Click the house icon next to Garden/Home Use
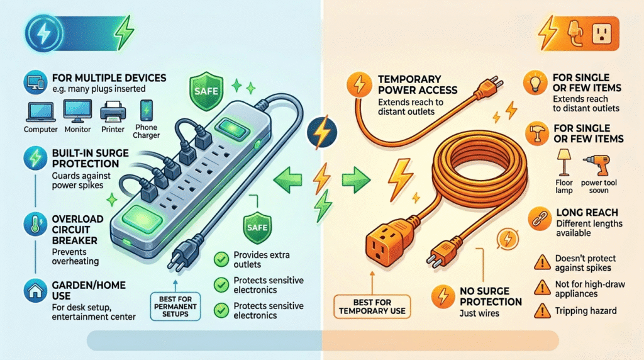[32, 290]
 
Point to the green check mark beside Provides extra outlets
[220, 258]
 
